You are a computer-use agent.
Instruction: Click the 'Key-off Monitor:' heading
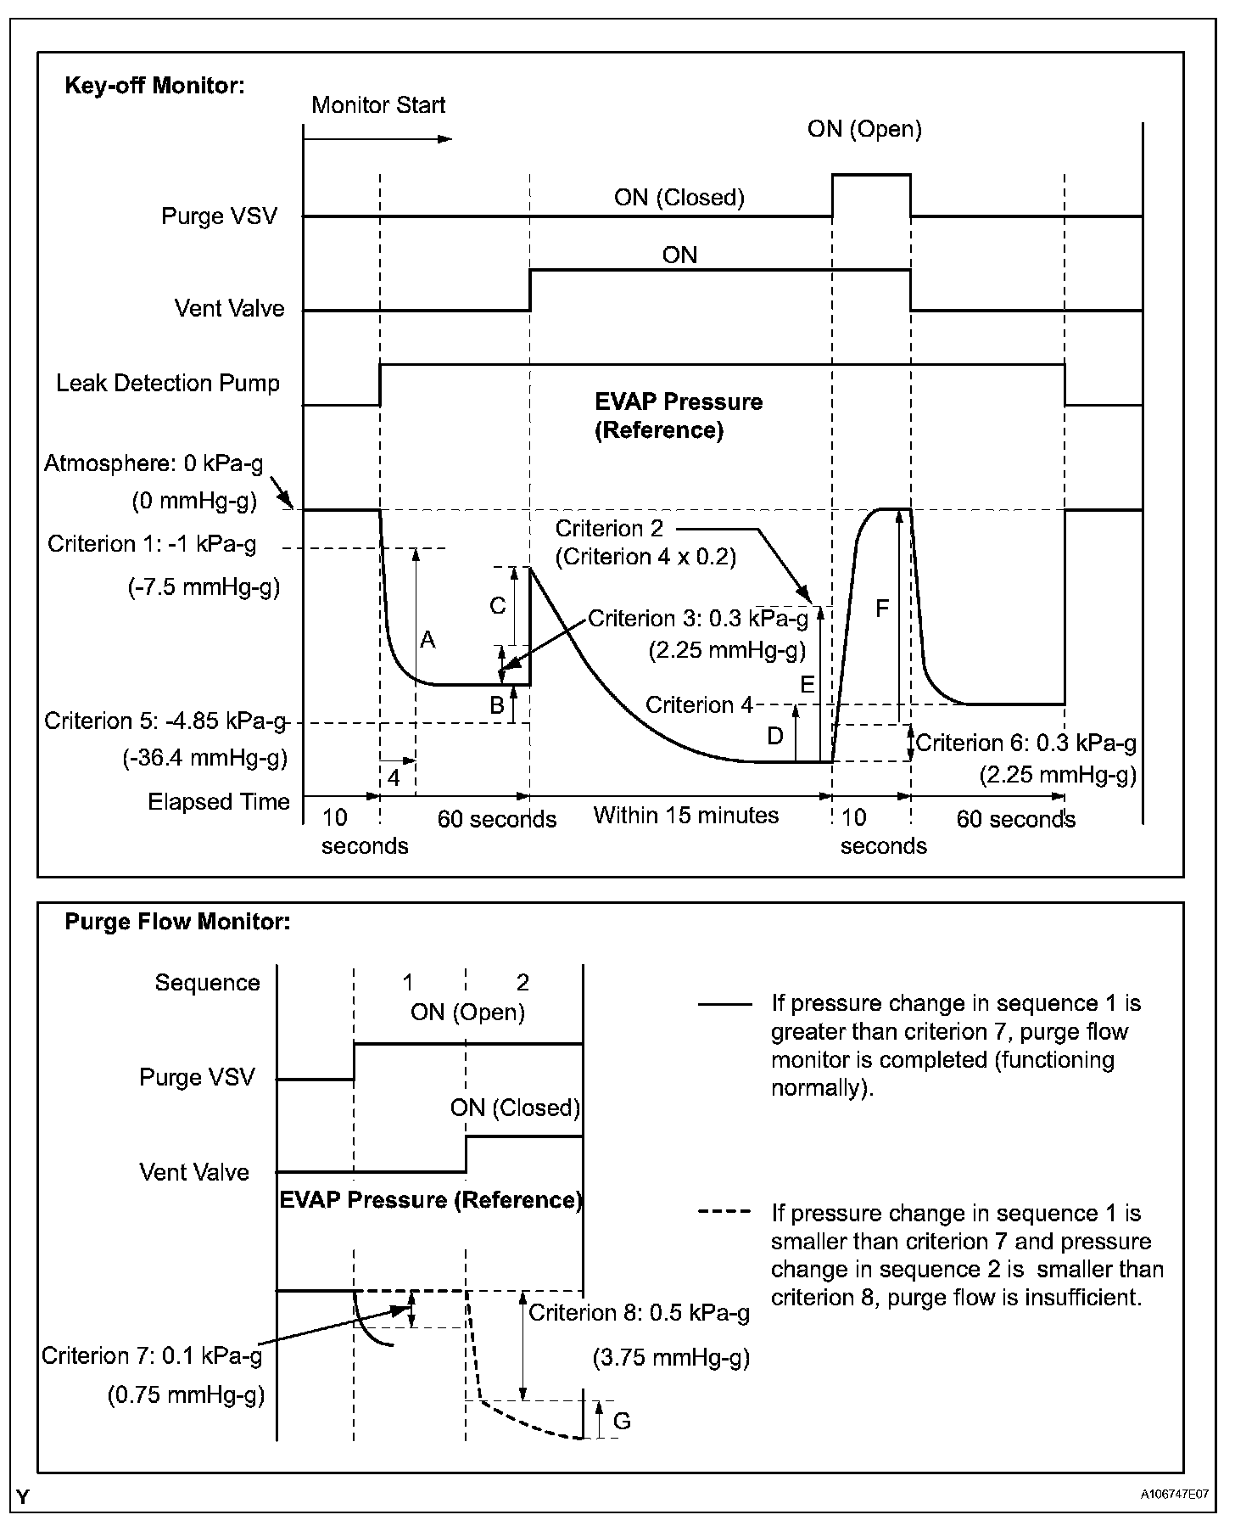pyautogui.click(x=154, y=86)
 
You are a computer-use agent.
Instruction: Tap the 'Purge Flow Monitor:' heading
pyautogui.click(x=177, y=922)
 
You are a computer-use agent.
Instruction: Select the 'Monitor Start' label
pyautogui.click(x=378, y=105)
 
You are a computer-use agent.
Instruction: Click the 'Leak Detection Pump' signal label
pyautogui.click(x=168, y=384)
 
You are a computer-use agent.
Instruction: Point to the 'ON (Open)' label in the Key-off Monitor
pyautogui.click(x=864, y=129)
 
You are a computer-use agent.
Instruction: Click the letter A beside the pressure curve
pyautogui.click(x=427, y=640)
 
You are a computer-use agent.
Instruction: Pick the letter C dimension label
pyautogui.click(x=498, y=606)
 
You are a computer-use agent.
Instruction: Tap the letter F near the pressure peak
pyautogui.click(x=882, y=609)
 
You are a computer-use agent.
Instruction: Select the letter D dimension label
pyautogui.click(x=775, y=736)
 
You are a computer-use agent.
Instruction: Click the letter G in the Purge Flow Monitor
pyautogui.click(x=622, y=1421)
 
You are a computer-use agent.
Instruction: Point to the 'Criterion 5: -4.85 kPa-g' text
pyautogui.click(x=165, y=721)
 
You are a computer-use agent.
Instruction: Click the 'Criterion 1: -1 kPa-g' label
pyautogui.click(x=152, y=544)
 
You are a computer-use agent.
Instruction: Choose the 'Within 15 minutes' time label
pyautogui.click(x=685, y=816)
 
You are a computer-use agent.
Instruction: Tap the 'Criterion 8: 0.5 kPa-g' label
pyautogui.click(x=640, y=1313)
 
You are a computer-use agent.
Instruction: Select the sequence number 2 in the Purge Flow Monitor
pyautogui.click(x=522, y=983)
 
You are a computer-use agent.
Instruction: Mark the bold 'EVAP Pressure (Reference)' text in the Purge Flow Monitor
pyautogui.click(x=431, y=1200)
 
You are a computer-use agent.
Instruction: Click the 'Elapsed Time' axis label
pyautogui.click(x=219, y=802)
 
